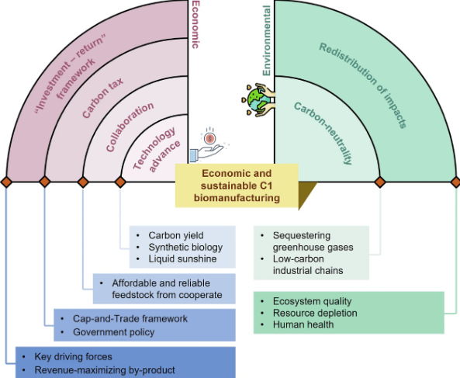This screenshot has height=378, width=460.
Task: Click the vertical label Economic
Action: coord(195,24)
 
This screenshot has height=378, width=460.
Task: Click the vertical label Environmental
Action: coord(266,41)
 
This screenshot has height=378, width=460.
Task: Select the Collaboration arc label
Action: coord(130,127)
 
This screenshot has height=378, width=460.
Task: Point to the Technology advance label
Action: coord(157,149)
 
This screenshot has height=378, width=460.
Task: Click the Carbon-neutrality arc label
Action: coord(323,133)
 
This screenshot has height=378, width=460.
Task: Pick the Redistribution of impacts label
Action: coord(363,85)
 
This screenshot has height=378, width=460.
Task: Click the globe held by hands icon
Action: coord(258,100)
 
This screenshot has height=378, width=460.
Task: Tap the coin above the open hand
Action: coord(209,137)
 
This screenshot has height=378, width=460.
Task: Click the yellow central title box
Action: coord(237,186)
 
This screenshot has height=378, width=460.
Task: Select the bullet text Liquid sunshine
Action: coord(182,258)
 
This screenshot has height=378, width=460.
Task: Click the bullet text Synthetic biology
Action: coord(185,247)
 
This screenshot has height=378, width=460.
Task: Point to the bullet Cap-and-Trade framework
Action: coord(130,318)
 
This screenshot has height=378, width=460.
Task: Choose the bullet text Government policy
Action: coord(113,332)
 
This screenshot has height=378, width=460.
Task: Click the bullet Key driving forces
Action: coord(74,356)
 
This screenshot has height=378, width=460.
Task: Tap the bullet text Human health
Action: coord(303,324)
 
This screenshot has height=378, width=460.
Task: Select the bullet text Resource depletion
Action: coord(315,313)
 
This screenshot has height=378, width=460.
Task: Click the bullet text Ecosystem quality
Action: coord(312,301)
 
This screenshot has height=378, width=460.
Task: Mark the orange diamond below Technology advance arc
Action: coord(120,182)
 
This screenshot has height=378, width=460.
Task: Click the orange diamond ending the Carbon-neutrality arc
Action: coord(380,182)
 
